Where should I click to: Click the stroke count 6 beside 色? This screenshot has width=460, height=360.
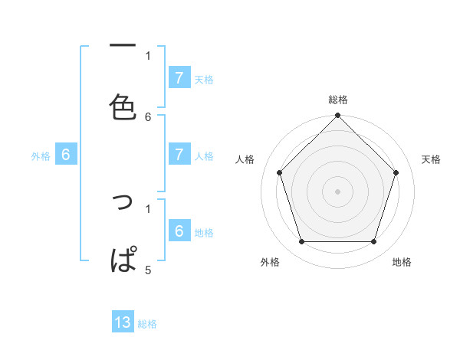(148, 116)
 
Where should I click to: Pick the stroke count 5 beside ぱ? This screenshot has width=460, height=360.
(148, 270)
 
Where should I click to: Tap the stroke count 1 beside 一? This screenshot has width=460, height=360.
(148, 55)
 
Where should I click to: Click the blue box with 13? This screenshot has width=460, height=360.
(123, 322)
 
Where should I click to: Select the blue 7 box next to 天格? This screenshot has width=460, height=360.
(179, 77)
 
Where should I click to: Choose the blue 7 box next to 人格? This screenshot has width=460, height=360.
(179, 154)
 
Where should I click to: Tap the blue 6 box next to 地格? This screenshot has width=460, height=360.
(179, 231)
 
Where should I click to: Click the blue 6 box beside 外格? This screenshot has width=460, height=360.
(66, 154)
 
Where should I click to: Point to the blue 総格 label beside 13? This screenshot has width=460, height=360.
(147, 324)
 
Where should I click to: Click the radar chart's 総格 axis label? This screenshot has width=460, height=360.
(337, 100)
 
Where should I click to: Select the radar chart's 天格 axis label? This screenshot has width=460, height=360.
(432, 159)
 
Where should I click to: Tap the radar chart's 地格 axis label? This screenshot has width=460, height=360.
(402, 262)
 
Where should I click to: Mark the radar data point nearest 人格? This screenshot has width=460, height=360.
(279, 172)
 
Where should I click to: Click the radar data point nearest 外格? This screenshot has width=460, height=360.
(301, 242)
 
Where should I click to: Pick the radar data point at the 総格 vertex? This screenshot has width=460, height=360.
(337, 116)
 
